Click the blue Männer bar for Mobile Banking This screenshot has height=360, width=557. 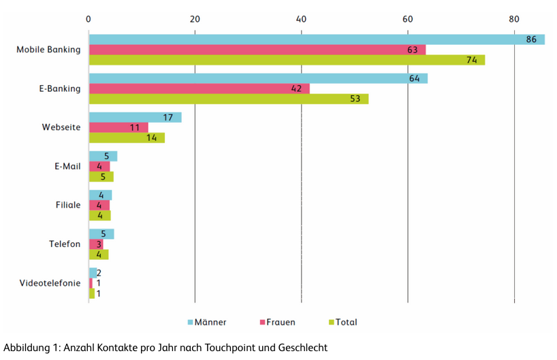(x=306, y=39)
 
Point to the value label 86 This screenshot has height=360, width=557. (x=531, y=39)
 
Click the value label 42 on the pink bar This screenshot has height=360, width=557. (x=296, y=88)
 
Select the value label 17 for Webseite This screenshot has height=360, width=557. (x=168, y=117)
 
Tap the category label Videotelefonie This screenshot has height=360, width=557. (x=49, y=283)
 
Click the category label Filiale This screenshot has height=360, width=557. (x=68, y=205)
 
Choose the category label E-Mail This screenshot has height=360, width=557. (x=67, y=166)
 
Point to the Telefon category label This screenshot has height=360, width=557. (x=65, y=244)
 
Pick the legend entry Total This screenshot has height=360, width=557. (x=346, y=322)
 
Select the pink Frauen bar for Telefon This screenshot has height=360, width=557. (x=95, y=244)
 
